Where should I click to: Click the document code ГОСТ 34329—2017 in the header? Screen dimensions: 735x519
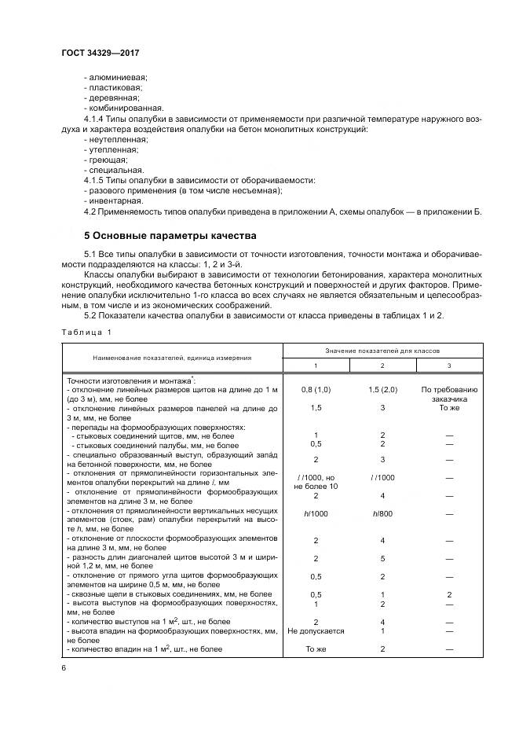coord(104,54)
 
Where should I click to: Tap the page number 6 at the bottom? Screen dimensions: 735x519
coord(64,667)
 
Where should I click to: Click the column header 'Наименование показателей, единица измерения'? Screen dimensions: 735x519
coord(172,357)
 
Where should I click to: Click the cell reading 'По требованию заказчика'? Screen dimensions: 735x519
coord(449,394)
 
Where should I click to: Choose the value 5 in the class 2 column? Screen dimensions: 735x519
coord(382,559)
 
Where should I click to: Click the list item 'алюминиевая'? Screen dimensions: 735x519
coord(116,77)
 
